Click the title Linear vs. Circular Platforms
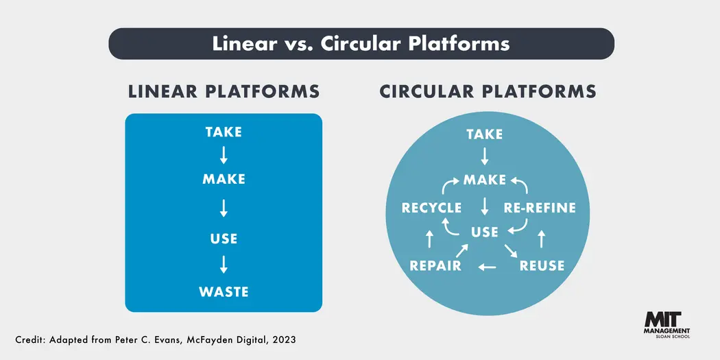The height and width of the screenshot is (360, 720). coord(361,43)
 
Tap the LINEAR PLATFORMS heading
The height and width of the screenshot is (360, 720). coord(224,91)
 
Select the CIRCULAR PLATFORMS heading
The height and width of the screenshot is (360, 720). coord(488,91)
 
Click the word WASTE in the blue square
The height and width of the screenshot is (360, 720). coord(224,291)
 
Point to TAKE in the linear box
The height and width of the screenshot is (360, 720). coord(224,132)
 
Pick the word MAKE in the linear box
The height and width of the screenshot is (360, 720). coord(224,180)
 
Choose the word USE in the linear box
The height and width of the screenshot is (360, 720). coord(224,239)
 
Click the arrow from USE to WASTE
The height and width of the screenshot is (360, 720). coord(224,265)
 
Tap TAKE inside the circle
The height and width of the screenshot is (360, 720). coord(485,134)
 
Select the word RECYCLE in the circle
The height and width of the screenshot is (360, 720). coord(432,208)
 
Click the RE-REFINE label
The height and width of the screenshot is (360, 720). coord(540,208)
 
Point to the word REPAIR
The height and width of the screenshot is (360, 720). coord(435,265)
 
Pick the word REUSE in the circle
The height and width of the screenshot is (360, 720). coord(542,265)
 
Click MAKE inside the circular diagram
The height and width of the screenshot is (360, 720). coord(485,180)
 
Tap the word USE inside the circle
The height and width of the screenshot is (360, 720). coord(485,232)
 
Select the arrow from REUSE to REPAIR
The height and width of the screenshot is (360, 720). coord(488,266)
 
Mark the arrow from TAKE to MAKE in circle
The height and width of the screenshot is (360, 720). coord(485,156)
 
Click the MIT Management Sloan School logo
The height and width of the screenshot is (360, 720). coord(667,324)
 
